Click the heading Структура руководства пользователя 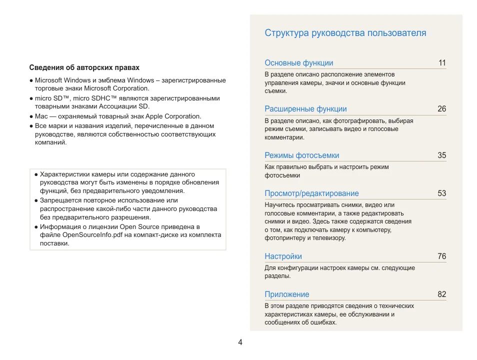(x=345, y=33)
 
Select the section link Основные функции (x=298, y=63)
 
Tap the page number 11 (x=442, y=63)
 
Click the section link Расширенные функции (x=305, y=109)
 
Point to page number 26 (x=442, y=109)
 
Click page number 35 (x=442, y=155)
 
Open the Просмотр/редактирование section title (x=311, y=193)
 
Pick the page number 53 (x=442, y=193)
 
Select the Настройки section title (x=283, y=256)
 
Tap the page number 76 (x=442, y=256)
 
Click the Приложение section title (x=286, y=294)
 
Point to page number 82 (x=442, y=294)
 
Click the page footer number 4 (x=240, y=342)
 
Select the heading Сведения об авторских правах (x=84, y=67)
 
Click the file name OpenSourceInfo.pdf (x=90, y=235)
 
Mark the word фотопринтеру (x=284, y=238)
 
